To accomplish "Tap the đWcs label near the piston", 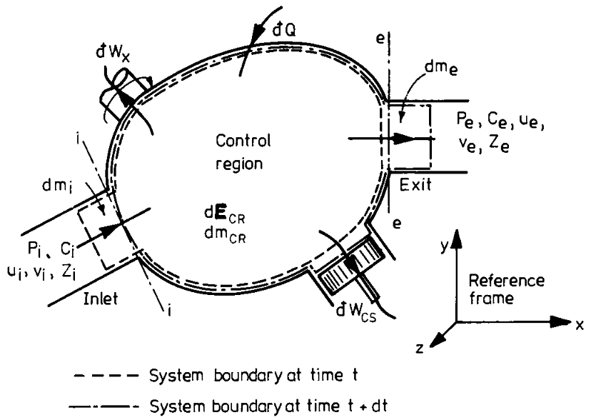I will point(360,311).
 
